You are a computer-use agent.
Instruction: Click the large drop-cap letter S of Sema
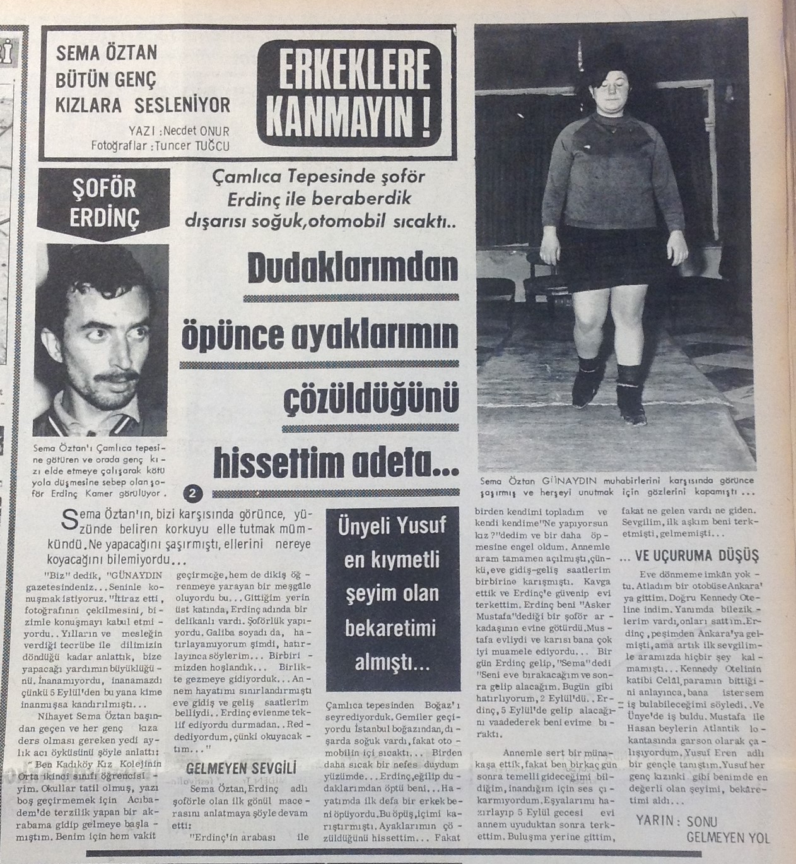[x=71, y=518]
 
